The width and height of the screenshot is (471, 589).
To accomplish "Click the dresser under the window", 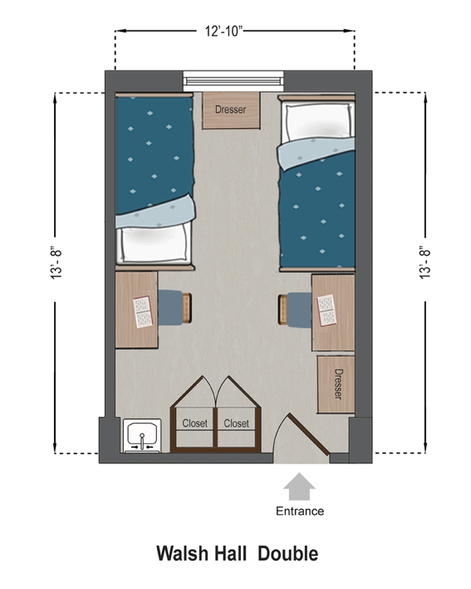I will [x=230, y=110].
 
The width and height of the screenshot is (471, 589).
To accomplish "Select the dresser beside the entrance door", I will [x=336, y=384].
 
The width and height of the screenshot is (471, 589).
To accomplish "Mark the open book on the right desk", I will [x=326, y=311].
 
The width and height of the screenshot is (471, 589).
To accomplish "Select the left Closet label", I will [x=196, y=423].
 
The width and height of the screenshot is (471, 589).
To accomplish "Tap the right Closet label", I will [x=237, y=423].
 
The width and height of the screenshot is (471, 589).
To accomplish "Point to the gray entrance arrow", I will [x=299, y=485].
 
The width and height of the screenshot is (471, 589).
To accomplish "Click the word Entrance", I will [x=300, y=511].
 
